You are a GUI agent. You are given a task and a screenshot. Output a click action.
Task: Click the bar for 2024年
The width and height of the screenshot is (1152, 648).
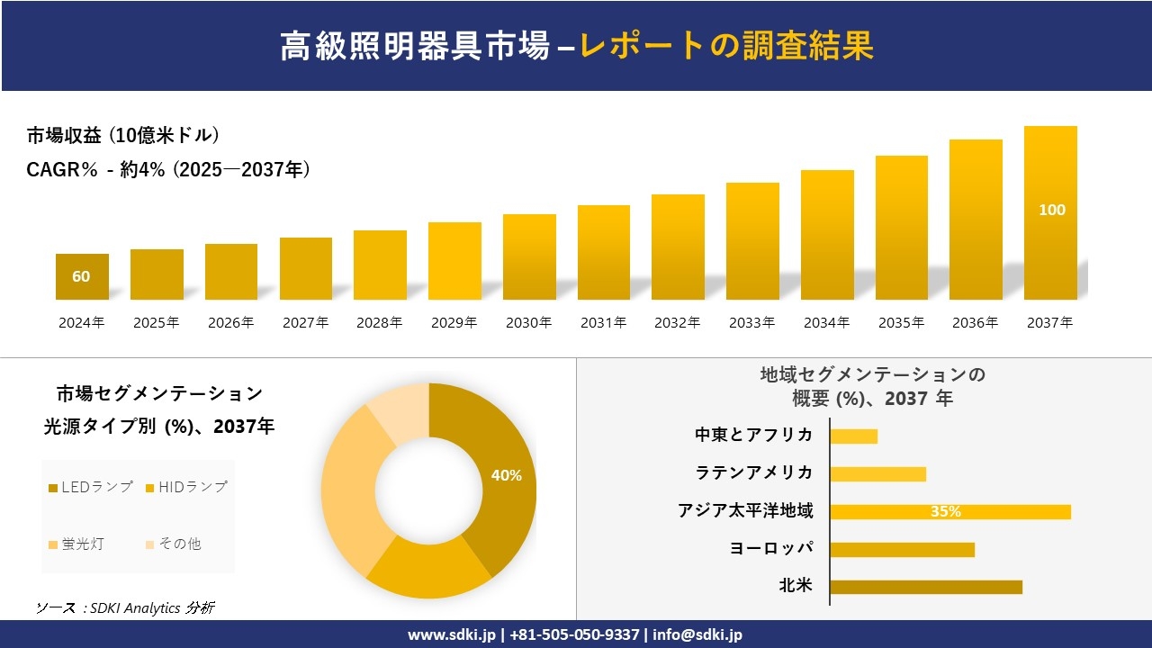82,276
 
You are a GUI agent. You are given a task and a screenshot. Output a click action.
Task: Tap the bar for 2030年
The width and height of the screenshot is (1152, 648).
529,256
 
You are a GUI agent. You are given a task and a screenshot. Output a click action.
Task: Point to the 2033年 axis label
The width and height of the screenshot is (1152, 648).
751,322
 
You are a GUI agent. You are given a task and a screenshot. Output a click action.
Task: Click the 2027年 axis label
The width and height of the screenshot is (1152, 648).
305,322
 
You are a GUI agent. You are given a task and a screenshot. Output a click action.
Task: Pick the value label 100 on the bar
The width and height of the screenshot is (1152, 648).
1051,210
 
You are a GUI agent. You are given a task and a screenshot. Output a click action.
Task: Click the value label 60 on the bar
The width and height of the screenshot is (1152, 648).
81,276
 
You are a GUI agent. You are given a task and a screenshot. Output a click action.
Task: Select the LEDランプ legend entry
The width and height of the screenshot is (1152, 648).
90,487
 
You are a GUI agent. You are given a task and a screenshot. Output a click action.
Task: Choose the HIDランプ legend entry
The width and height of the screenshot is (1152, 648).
186,487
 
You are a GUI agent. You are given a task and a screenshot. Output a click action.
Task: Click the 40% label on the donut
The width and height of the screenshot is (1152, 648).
507,475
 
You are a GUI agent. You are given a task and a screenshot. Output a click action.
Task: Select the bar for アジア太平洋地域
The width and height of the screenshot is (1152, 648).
950,511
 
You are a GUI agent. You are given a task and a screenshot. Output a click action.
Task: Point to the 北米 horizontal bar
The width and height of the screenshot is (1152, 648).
926,587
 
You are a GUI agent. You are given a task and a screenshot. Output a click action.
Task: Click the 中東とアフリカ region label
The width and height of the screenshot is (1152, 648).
753,435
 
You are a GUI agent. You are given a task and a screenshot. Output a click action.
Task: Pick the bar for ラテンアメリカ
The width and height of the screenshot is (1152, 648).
877,473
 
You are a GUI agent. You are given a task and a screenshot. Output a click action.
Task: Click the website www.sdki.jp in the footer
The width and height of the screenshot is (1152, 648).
451,634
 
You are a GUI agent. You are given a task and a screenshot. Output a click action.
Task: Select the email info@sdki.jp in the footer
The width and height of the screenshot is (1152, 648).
697,634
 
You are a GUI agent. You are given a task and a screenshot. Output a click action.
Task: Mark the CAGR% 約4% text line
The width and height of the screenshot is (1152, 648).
168,169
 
